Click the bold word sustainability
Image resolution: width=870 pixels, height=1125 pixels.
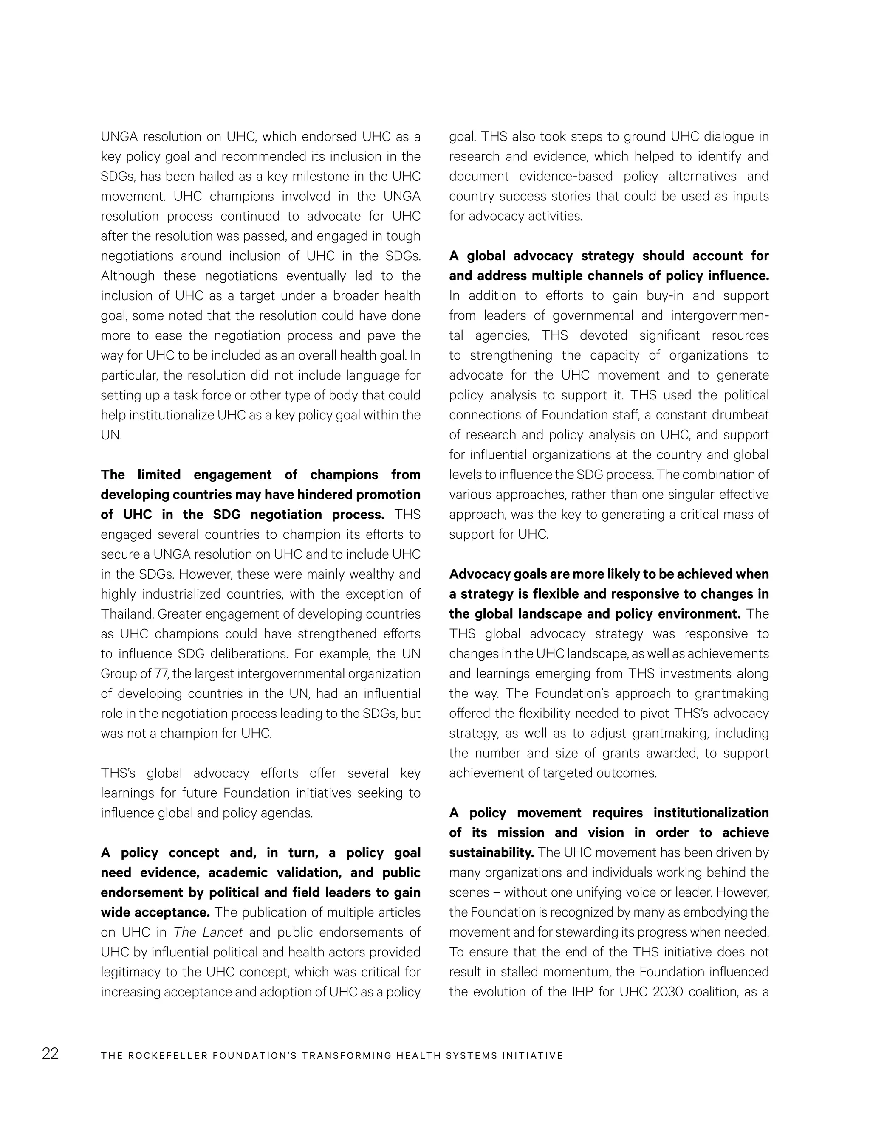click(491, 853)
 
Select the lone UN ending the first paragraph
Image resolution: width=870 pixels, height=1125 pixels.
click(111, 435)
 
